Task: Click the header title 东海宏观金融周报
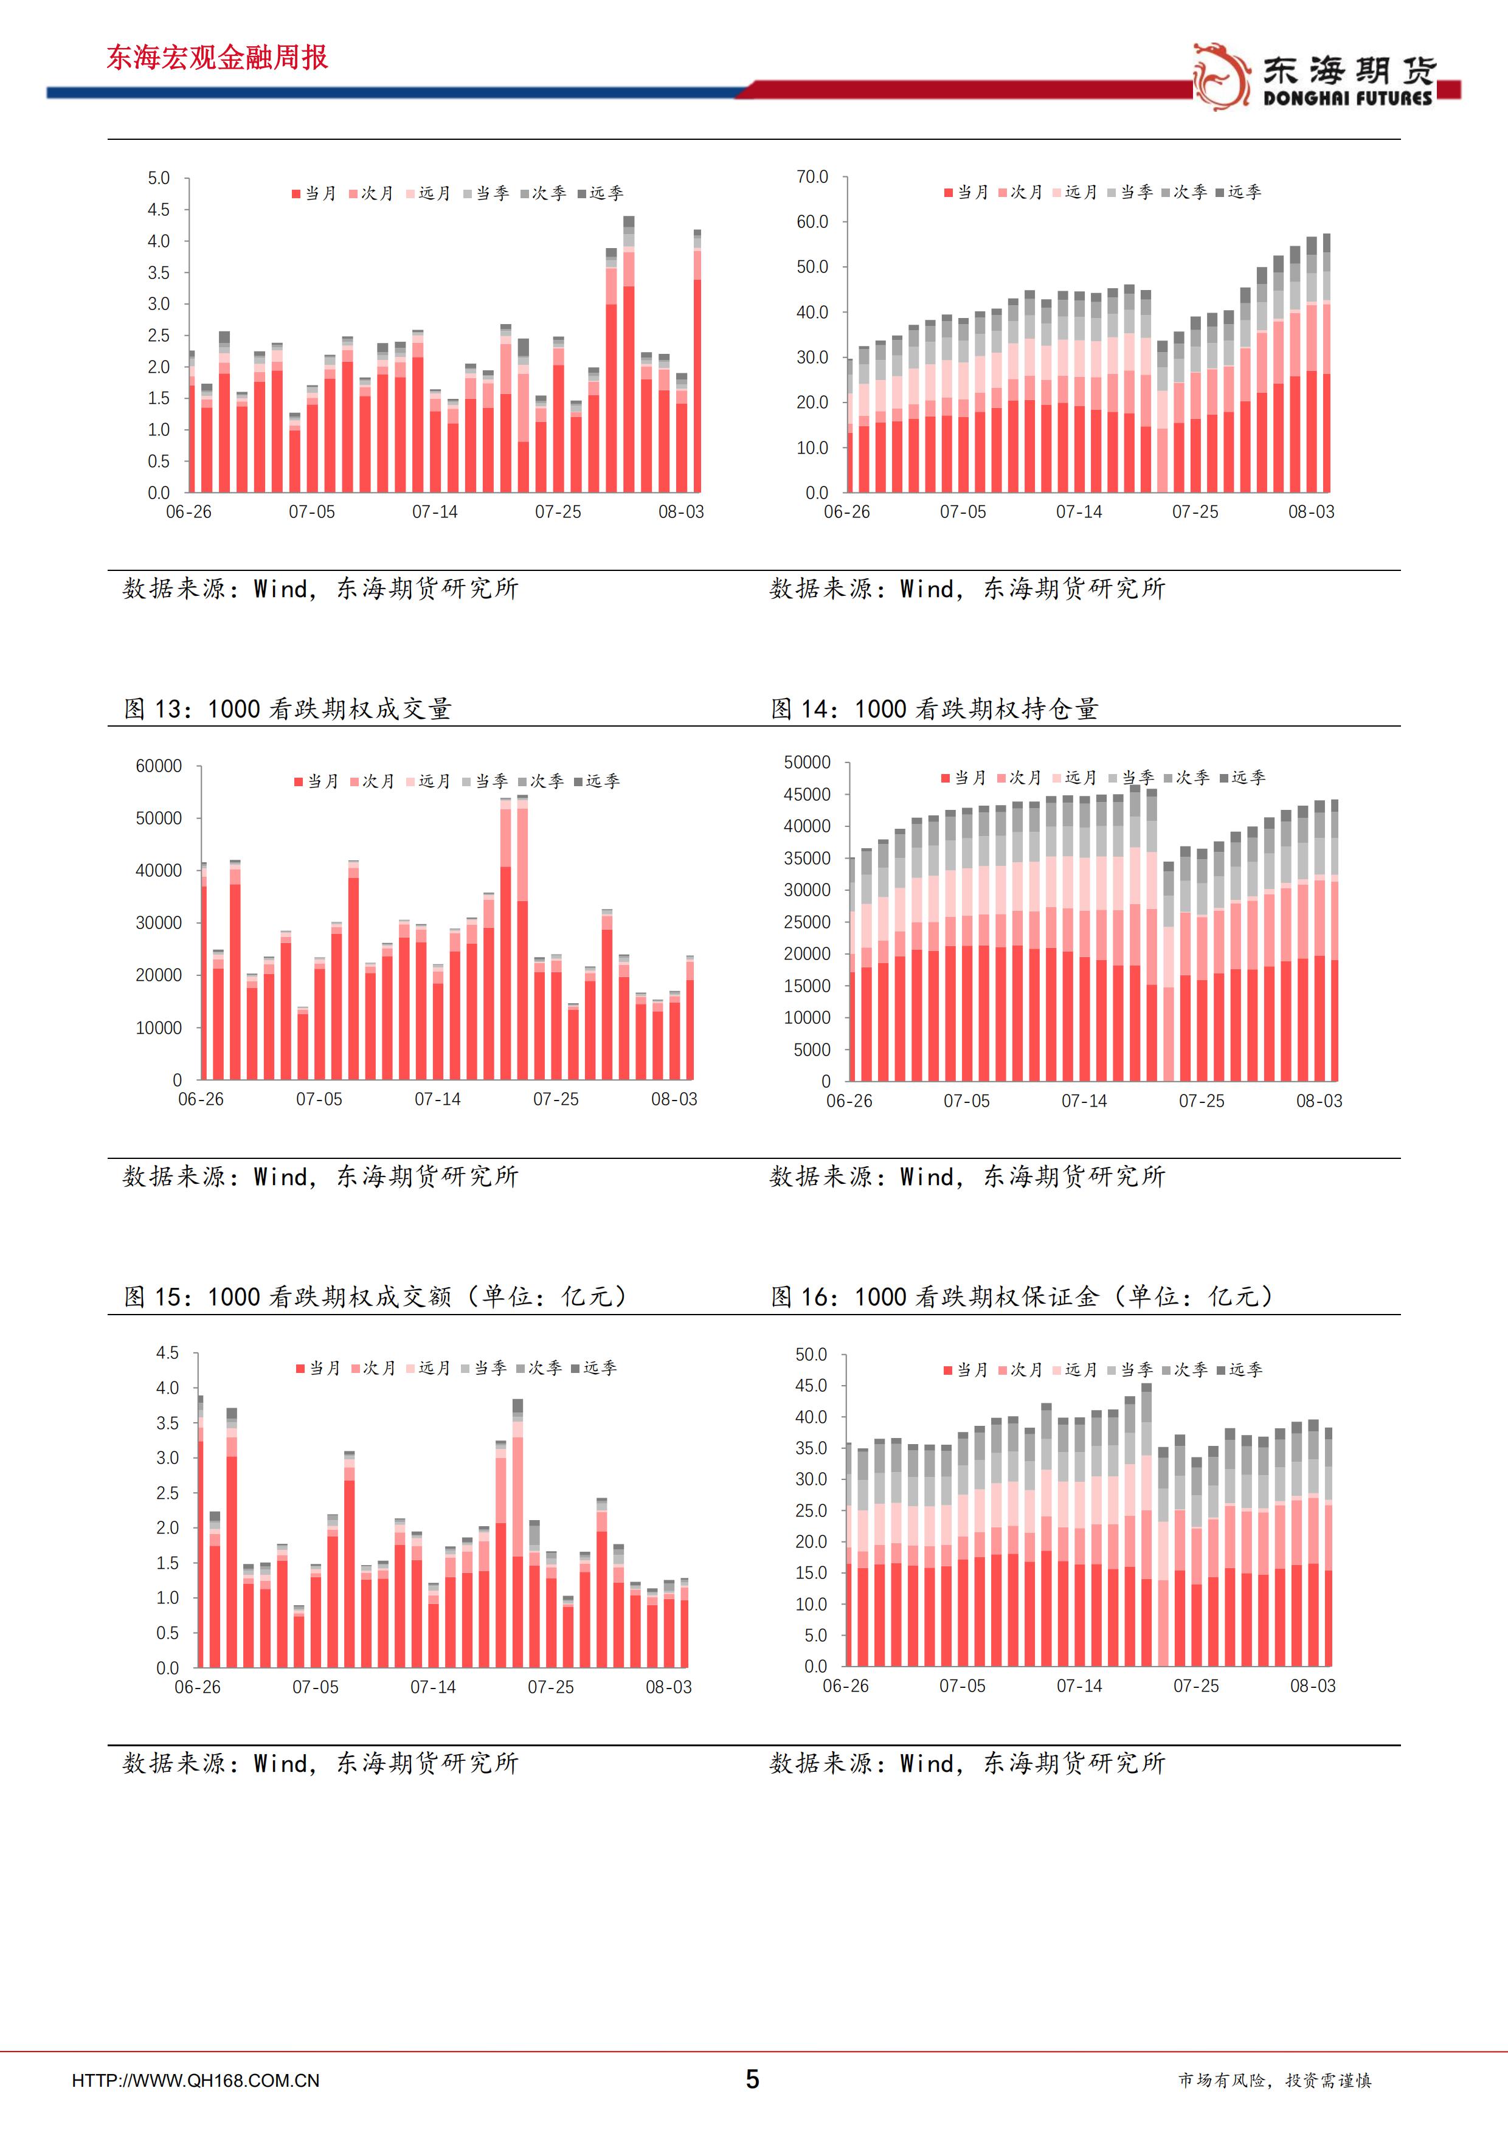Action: [x=218, y=58]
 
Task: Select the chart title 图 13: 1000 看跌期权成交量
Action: [x=288, y=709]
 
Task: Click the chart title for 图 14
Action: [x=935, y=709]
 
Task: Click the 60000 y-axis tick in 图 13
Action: [x=159, y=766]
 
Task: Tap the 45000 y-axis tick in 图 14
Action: [x=808, y=794]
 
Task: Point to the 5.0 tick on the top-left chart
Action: [x=159, y=178]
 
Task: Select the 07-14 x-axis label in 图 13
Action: [x=438, y=1099]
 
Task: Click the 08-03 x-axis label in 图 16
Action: [x=1312, y=1686]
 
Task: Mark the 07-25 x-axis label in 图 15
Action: [x=551, y=1687]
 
